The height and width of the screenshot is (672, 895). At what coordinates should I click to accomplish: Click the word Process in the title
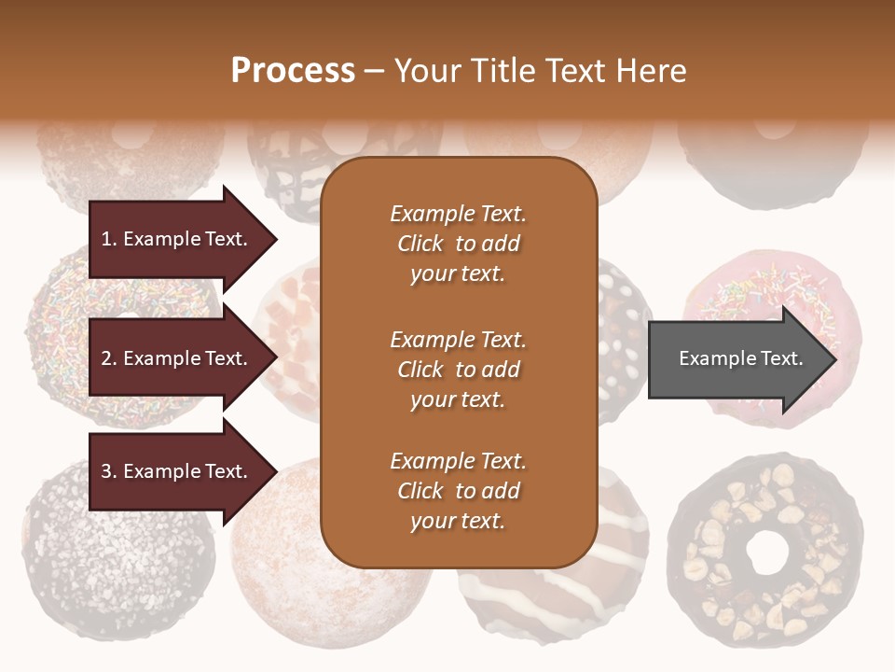[293, 71]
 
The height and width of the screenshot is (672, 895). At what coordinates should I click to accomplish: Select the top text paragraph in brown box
[458, 244]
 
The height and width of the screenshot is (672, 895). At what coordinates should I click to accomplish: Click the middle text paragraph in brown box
[458, 370]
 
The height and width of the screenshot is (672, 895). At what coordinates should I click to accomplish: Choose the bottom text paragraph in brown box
[458, 491]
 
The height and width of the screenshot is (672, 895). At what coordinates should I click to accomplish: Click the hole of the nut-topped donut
[765, 552]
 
